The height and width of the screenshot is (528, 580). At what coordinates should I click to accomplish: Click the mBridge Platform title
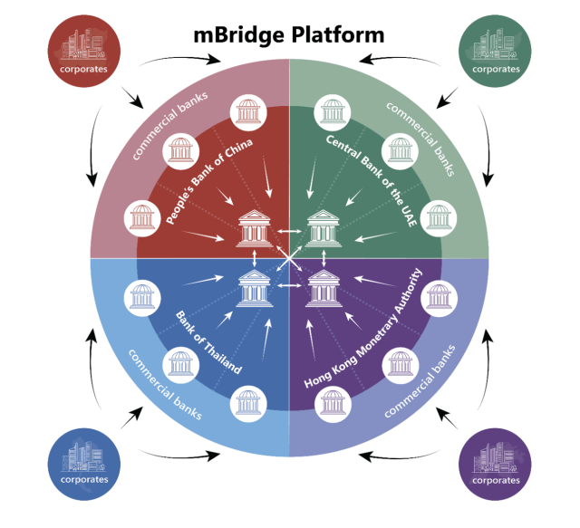(x=289, y=35)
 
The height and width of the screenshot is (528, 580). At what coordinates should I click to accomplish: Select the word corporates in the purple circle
(x=496, y=479)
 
